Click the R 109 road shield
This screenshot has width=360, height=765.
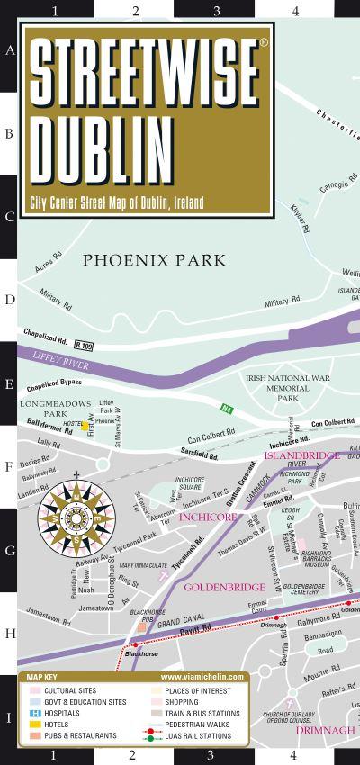[x=84, y=345]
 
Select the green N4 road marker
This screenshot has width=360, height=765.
[x=228, y=410]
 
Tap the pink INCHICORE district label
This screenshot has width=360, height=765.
[x=208, y=517]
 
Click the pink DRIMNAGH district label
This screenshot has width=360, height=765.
[x=326, y=730]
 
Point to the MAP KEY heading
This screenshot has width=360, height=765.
[x=42, y=676]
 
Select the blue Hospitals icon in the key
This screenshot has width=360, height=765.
[x=33, y=713]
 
